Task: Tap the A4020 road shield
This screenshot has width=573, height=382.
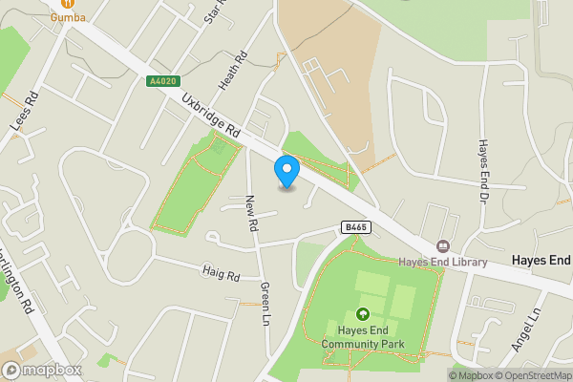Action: point(161,82)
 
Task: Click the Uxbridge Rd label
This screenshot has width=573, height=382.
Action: point(212,119)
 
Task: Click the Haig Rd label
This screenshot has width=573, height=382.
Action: point(221,275)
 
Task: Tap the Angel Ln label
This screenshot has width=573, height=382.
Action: point(524,327)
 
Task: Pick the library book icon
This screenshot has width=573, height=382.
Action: point(442,247)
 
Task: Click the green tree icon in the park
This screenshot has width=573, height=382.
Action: point(363,313)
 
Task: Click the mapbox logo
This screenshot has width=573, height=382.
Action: point(41,370)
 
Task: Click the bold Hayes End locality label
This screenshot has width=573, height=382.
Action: point(541,260)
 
